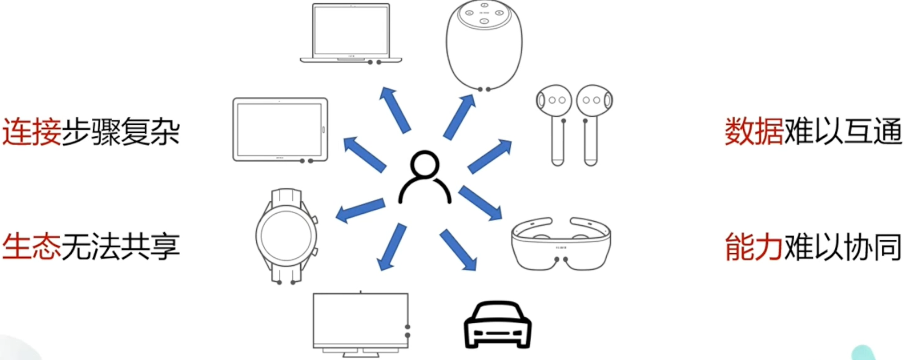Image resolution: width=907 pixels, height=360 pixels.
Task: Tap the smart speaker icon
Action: click(484, 45)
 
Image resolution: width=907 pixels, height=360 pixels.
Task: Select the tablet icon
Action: click(280, 130)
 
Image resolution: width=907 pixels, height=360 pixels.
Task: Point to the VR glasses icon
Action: click(561, 243)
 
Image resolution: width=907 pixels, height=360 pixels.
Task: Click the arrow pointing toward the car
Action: click(458, 250)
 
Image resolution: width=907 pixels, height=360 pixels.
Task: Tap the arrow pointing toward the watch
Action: click(360, 210)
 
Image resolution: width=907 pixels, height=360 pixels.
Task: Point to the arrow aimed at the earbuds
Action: click(490, 156)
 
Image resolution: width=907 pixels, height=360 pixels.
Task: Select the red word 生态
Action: click(32, 246)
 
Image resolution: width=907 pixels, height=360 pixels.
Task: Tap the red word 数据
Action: click(754, 132)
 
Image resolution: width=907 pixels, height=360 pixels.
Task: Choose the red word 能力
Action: click(754, 246)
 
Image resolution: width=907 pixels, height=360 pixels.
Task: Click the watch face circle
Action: click(286, 235)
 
